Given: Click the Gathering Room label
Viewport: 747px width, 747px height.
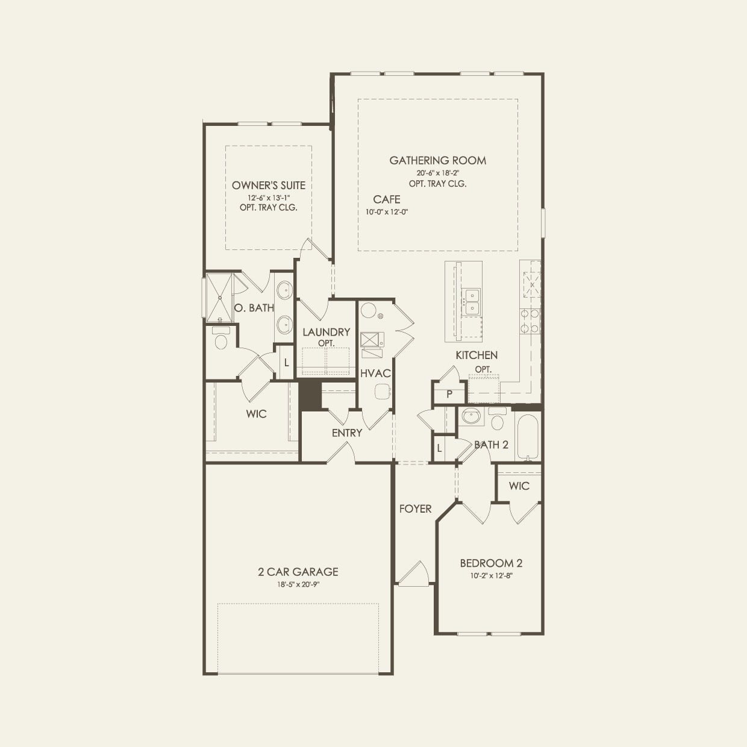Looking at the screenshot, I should click(437, 160).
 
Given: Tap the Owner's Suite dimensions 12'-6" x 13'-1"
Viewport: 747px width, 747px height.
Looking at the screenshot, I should click(268, 198).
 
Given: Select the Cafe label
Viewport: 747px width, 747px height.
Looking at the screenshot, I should click(386, 199).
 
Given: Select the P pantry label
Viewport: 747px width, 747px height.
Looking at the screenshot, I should click(449, 395).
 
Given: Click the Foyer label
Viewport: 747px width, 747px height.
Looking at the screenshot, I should click(415, 509).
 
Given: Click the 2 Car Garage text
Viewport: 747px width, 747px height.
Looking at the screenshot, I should click(298, 572).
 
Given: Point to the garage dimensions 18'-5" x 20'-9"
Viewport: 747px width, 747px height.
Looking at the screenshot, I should click(298, 584).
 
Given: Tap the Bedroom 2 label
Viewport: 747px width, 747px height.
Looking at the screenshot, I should click(491, 563).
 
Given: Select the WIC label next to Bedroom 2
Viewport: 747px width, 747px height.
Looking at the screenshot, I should click(519, 486).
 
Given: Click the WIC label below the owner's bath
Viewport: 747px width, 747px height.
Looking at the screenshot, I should click(256, 414).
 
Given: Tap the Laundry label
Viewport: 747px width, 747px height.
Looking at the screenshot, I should click(326, 332).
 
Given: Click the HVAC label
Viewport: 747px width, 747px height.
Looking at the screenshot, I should click(375, 373).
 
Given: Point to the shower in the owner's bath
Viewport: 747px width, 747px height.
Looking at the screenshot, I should click(220, 297).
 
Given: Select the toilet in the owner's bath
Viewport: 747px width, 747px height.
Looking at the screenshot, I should click(220, 340).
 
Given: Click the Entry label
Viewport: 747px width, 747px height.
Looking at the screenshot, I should click(347, 433).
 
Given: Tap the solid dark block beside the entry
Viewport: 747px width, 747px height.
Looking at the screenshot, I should click(310, 395).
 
